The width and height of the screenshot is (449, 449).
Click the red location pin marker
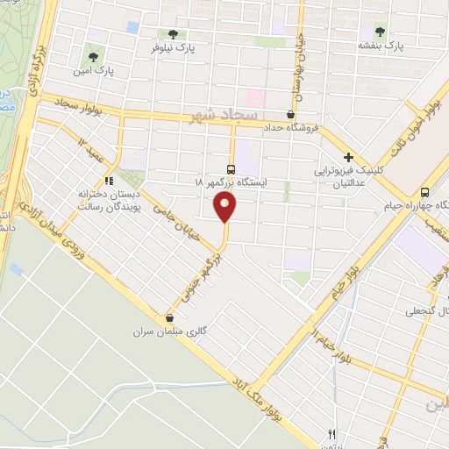pos(226,209)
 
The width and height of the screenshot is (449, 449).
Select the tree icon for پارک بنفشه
pos(380,31)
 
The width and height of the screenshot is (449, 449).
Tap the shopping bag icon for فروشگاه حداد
pos(291,114)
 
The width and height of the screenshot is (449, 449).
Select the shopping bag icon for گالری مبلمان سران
pos(170,318)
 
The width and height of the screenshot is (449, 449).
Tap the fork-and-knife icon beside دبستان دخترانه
pos(109,182)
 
